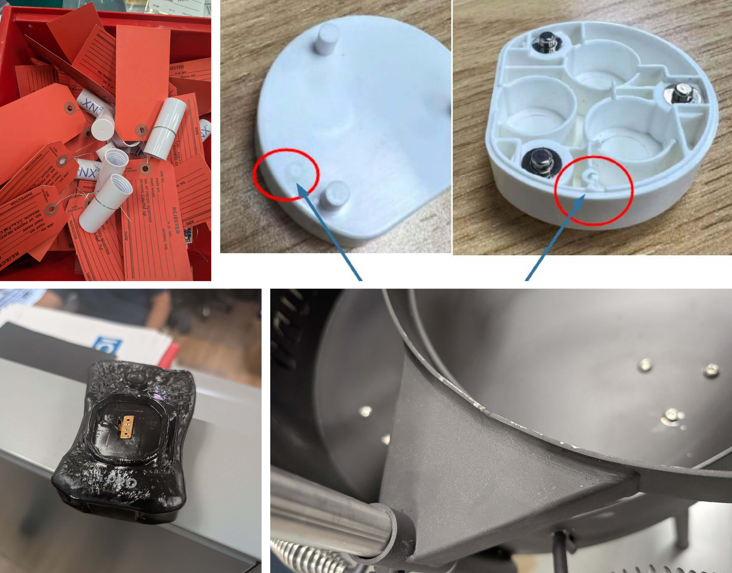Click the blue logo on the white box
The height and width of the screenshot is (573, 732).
pos(107,346)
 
